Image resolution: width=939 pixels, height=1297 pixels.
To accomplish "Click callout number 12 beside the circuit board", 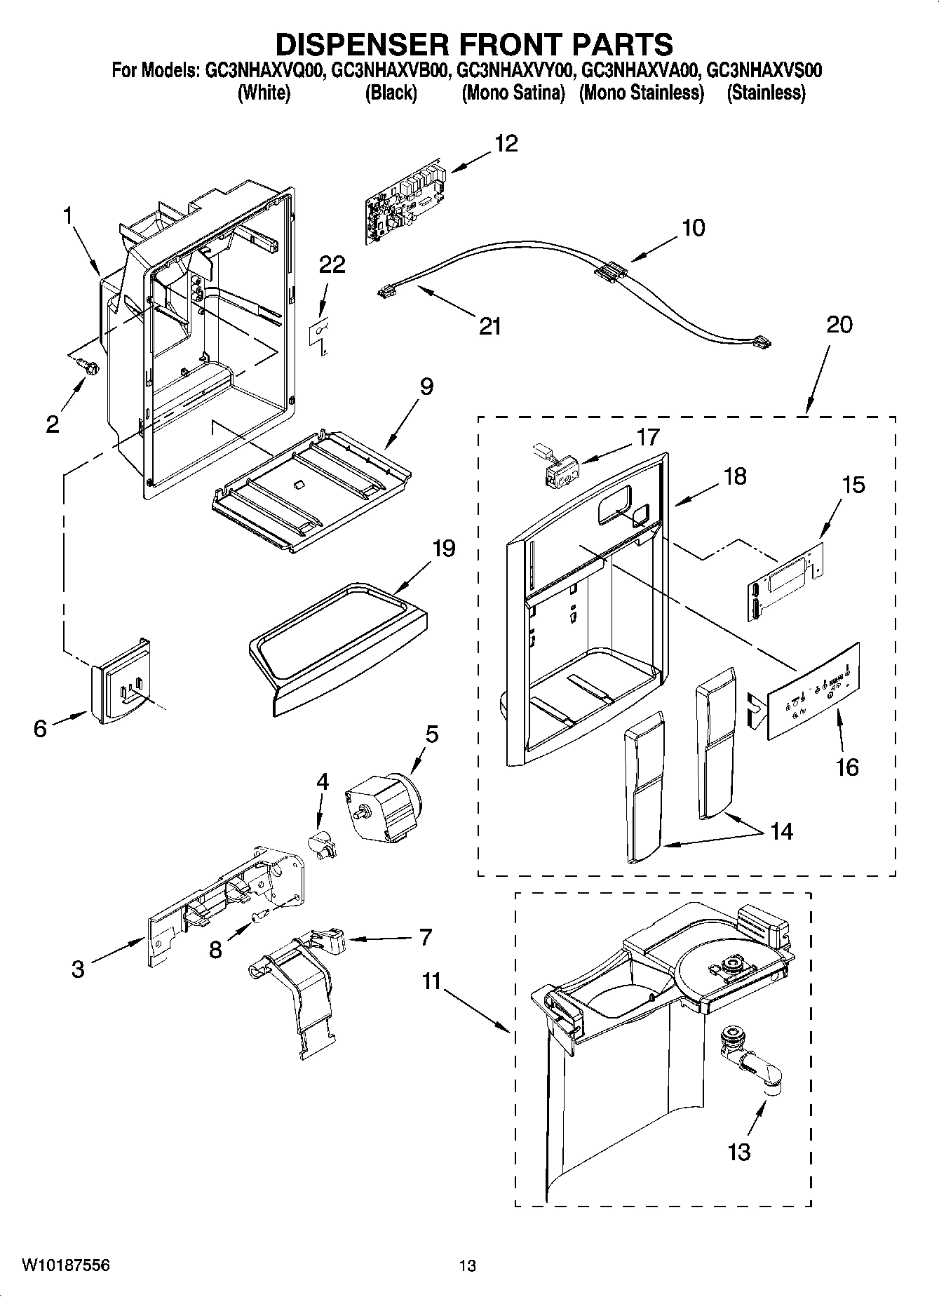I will click(x=506, y=143).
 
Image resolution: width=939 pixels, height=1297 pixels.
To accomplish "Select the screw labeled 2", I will click(x=89, y=365).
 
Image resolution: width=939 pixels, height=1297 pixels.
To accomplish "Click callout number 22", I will click(x=332, y=265).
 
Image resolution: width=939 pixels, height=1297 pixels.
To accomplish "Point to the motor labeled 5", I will click(x=382, y=806).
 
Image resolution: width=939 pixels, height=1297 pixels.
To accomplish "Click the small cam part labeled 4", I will click(x=323, y=842).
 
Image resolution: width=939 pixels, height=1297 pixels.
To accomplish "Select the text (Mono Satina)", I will click(x=513, y=93).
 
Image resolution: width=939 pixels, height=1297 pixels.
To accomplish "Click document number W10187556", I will click(x=66, y=1265).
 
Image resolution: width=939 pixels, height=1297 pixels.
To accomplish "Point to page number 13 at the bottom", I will click(x=467, y=1266).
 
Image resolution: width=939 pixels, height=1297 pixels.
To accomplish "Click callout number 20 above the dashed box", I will click(x=839, y=324).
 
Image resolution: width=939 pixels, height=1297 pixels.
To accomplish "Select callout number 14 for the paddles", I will click(x=781, y=831).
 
